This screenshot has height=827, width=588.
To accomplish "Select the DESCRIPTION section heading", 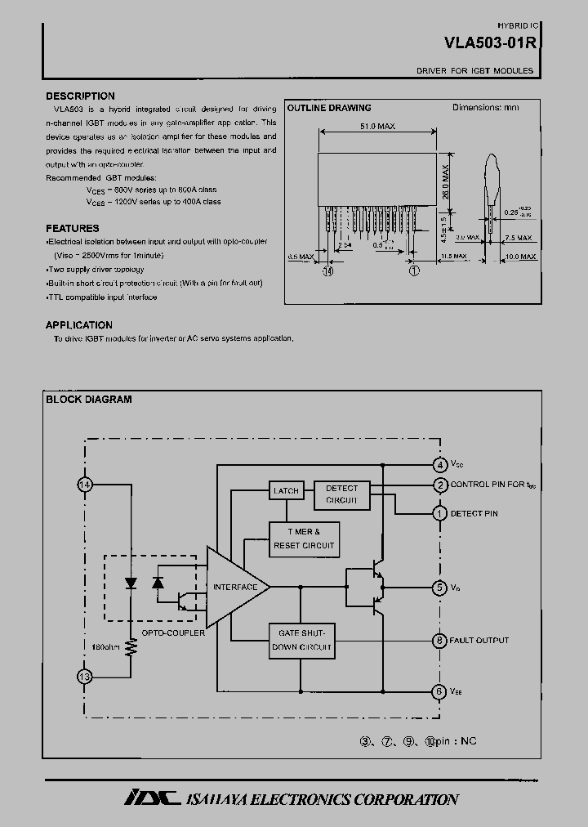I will coord(80,96).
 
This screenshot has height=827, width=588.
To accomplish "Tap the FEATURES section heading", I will coord(73,228).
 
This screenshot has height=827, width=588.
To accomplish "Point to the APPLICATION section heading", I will coord(79,324).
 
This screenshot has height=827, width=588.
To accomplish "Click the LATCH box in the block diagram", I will coord(285,490).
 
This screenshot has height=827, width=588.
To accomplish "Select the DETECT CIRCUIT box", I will coord(341,494).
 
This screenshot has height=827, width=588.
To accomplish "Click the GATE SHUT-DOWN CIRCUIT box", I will coord(301,641).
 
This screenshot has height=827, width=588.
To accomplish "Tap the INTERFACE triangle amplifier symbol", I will coord(235,587).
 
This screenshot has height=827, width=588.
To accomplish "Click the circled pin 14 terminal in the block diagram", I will coord(84,485).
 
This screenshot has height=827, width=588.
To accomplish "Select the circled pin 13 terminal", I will coord(84,677).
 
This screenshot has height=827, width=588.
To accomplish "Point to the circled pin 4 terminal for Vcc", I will coord(439,464).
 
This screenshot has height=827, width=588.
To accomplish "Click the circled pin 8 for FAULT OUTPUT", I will coord(439,641).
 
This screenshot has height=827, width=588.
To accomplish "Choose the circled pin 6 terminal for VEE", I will coord(439,691).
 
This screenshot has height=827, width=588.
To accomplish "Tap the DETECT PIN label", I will coord(474,513).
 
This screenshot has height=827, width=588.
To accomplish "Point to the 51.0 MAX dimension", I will coord(377,127).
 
